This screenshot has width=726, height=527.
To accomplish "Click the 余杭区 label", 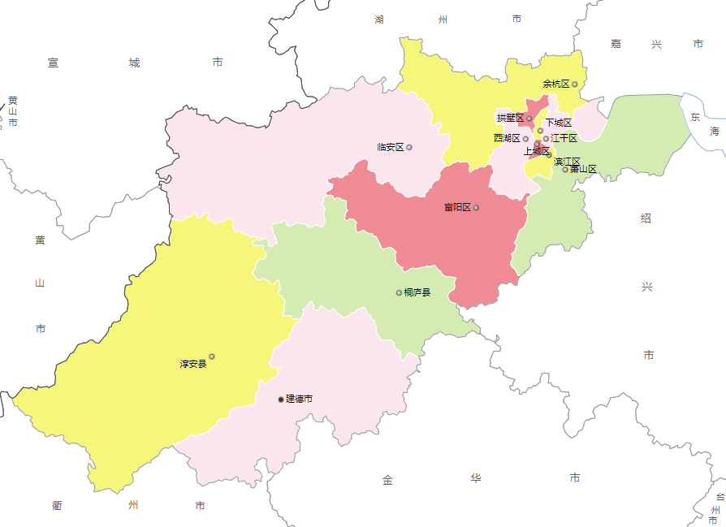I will click(556, 84).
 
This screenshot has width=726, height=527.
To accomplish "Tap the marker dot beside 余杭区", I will click(575, 84).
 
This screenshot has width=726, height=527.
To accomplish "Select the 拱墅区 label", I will click(510, 119).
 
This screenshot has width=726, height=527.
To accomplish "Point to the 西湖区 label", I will click(507, 139).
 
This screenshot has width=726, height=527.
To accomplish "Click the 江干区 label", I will click(564, 138).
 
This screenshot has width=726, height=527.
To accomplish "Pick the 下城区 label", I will click(559, 123).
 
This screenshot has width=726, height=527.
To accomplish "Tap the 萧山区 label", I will click(583, 170).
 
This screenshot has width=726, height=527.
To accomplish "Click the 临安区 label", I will click(391, 147).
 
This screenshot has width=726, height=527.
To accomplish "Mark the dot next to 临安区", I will click(409, 147).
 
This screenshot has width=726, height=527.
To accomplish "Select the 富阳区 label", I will click(457, 208).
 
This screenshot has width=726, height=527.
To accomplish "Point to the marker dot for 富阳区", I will click(476, 208).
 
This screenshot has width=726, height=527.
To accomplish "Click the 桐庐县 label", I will click(417, 292).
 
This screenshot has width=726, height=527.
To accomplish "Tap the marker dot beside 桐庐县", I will click(399, 292).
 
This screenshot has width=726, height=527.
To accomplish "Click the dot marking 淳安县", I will click(212, 356).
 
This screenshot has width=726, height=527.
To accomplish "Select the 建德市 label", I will click(299, 400).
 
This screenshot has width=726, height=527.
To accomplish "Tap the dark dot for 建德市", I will click(281, 400).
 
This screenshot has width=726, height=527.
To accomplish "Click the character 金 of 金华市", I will click(387, 480).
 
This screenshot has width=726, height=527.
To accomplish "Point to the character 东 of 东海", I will click(695, 117).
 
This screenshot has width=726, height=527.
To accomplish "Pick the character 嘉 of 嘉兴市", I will click(616, 44).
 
